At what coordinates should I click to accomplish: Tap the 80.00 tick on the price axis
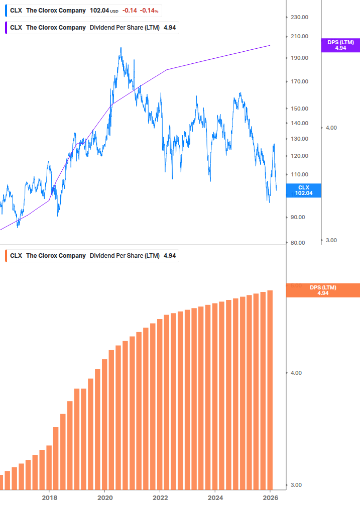[298, 243]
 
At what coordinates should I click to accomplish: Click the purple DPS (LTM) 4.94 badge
[340, 45]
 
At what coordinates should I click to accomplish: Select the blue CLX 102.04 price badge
[303, 190]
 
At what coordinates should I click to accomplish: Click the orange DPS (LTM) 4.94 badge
[322, 290]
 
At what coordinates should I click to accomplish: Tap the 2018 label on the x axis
[49, 497]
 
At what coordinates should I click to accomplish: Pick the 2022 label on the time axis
[160, 497]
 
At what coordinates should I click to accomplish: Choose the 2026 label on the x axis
[270, 497]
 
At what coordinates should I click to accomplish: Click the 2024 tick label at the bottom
[215, 497]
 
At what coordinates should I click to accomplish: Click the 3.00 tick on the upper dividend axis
[331, 240]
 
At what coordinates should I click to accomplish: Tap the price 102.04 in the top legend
[99, 10]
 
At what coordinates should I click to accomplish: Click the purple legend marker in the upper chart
[6, 28]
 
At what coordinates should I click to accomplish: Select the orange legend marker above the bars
[6, 256]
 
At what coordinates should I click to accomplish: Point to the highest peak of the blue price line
[121, 48]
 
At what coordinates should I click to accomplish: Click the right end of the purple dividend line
[270, 45]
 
